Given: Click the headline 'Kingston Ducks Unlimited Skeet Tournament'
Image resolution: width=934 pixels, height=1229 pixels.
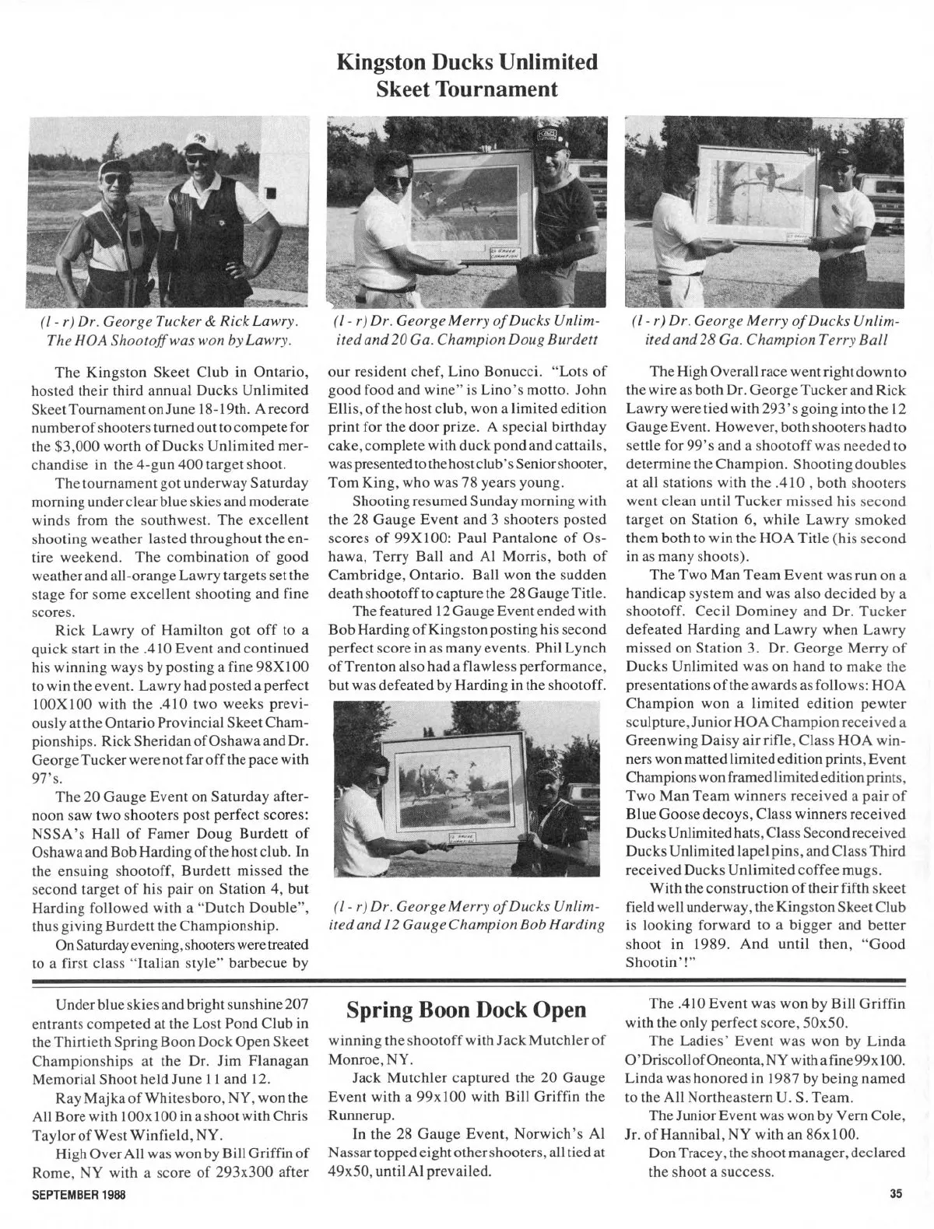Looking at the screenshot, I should pos(467,75).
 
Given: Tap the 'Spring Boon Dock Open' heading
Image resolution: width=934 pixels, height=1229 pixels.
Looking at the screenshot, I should pos(467,1010).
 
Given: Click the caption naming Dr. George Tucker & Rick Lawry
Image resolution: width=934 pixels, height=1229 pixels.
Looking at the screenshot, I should pos(167,331).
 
